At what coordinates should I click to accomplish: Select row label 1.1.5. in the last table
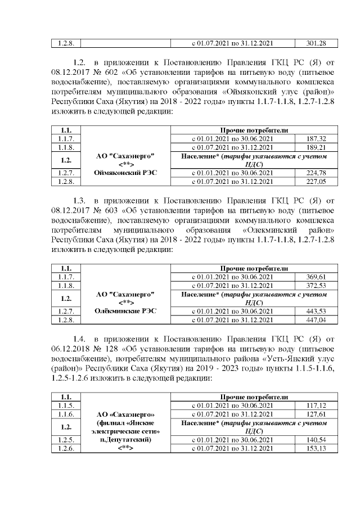pos(66,405)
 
